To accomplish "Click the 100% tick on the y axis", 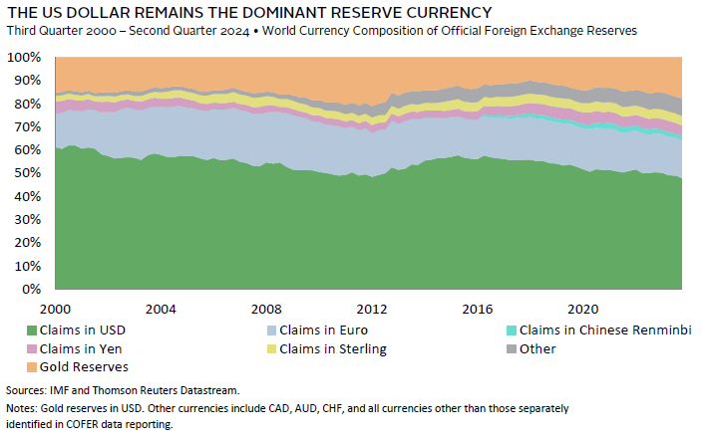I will pos(26,58).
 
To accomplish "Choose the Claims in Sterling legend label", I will pos(333,348).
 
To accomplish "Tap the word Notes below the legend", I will pos(22,409).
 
